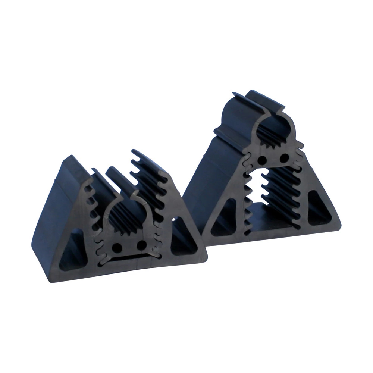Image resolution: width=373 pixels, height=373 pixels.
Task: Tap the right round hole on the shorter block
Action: point(141,245)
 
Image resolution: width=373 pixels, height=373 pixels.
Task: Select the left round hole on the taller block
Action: point(262,160)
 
